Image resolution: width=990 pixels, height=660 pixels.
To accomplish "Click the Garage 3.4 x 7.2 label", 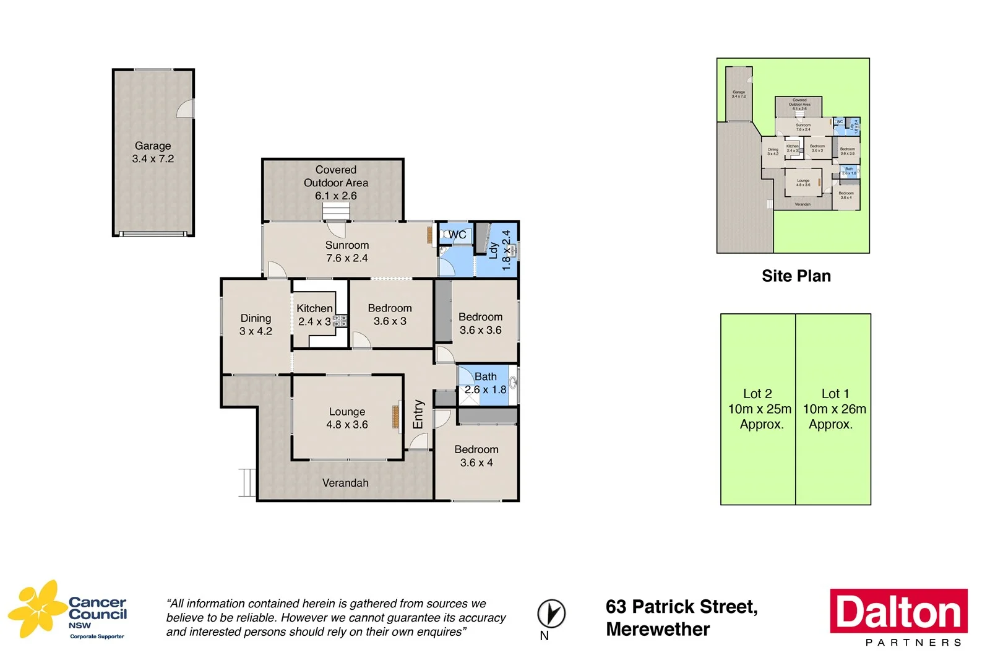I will (153, 152).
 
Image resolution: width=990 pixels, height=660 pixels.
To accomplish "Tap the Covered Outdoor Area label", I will (336, 183).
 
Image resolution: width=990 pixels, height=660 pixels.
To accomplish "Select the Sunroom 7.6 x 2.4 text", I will (347, 251).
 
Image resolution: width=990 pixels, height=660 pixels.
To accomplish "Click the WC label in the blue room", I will (457, 235).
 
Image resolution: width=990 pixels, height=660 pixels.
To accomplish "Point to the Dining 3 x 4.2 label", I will (256, 324).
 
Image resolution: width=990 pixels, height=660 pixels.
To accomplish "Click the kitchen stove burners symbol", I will (340, 321).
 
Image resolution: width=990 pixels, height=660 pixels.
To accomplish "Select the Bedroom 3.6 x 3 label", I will (390, 315).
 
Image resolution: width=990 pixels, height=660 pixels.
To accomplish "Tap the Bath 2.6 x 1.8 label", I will (486, 383).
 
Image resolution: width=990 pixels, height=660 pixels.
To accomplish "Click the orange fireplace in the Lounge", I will (395, 417).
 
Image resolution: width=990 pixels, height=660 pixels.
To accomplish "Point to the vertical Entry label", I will (418, 414).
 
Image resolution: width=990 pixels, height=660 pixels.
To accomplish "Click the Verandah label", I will (345, 483).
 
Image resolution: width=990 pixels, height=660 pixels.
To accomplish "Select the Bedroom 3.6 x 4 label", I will (476, 456).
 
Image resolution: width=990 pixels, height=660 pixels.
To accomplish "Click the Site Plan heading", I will (796, 276).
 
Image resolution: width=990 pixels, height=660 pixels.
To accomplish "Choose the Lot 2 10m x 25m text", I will (759, 409).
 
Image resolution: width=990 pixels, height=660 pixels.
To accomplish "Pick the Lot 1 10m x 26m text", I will (834, 409).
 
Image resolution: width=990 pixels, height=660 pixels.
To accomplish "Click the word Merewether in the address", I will (658, 630).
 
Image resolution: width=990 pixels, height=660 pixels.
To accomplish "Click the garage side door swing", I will (186, 109).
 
